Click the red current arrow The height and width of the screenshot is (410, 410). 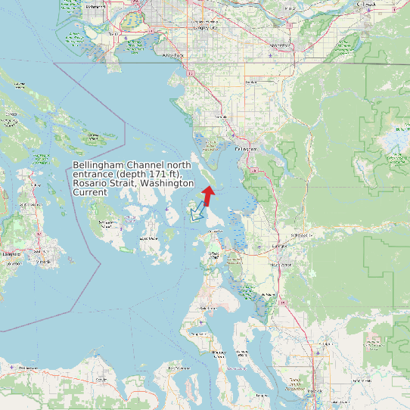point(208,194)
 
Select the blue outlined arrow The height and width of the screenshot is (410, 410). point(198,211)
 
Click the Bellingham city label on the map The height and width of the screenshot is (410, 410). point(246,149)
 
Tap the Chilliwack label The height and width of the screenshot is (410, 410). point(365,5)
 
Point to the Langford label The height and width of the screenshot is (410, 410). point(11,254)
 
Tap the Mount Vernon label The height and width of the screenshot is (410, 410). point(281,266)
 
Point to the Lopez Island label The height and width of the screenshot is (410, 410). point(148,238)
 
